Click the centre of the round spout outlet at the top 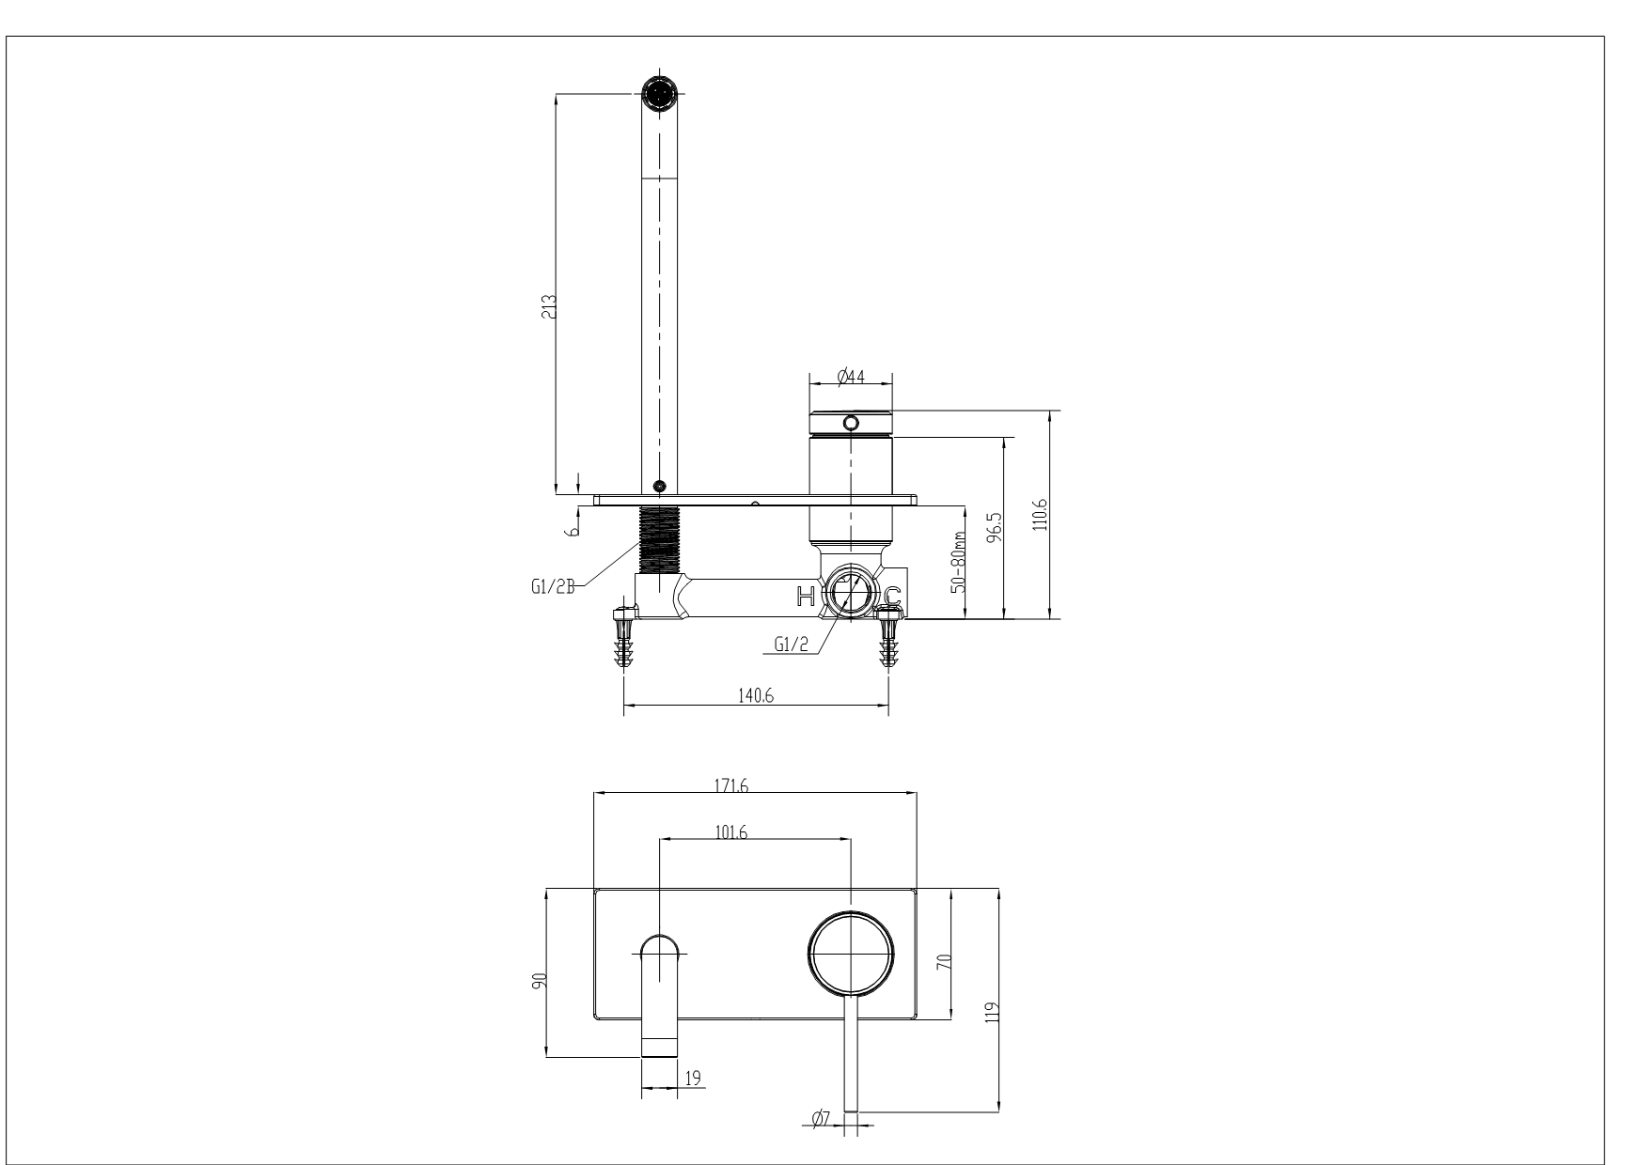(659, 93)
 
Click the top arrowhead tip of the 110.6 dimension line (1050, 411)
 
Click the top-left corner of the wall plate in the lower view (594, 888)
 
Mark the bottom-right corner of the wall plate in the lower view (917, 1018)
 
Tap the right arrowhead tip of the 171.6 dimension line (917, 794)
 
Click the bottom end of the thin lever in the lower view (851, 1111)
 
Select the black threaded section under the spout (659, 539)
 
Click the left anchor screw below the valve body (622, 637)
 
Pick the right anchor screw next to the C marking (888, 637)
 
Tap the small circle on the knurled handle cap (851, 424)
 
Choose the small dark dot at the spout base (659, 486)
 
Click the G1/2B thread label (553, 588)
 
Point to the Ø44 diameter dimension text (851, 377)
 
